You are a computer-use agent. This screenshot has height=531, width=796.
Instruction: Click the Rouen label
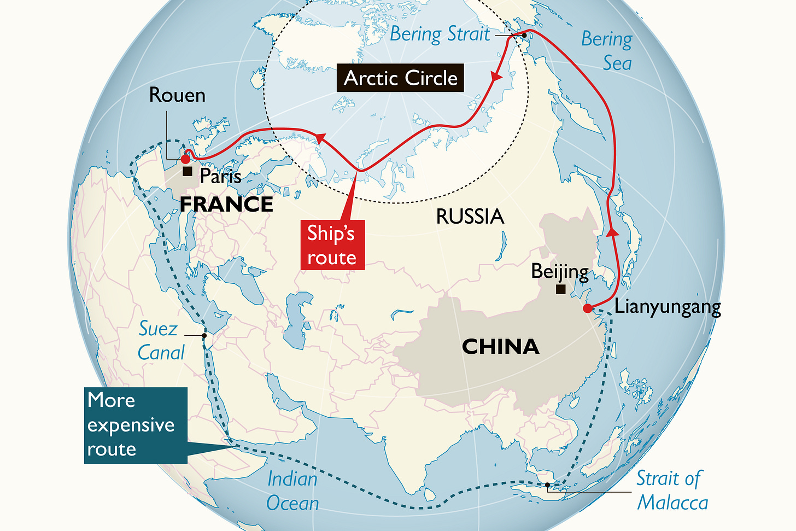[x=177, y=95]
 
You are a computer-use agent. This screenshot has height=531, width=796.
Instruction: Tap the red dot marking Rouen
[x=185, y=159]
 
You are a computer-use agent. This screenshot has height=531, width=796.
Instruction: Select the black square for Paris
[x=188, y=172]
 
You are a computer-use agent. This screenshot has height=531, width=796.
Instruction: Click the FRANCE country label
[x=226, y=205]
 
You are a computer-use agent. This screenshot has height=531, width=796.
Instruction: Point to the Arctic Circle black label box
[x=401, y=78]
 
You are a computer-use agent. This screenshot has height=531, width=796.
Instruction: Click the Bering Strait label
[x=440, y=34]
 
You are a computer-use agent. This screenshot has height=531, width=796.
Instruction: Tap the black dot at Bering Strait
[x=524, y=35]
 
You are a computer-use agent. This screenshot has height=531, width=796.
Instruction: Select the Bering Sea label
[x=607, y=51]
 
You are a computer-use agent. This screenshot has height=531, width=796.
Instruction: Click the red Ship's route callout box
[x=332, y=245]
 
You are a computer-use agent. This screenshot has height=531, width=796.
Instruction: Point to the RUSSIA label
[x=470, y=217]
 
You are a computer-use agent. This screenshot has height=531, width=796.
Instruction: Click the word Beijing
[x=560, y=271]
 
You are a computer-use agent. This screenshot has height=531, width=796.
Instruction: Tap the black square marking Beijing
[x=560, y=289]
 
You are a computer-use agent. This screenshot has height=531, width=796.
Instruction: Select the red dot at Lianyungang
[x=588, y=308]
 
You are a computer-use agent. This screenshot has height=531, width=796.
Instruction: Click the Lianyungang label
[x=668, y=307]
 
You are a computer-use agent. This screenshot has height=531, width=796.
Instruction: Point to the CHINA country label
[x=500, y=347]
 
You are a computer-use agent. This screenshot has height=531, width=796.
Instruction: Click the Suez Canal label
[x=160, y=341]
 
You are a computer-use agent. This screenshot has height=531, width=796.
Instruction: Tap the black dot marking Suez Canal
[x=204, y=335]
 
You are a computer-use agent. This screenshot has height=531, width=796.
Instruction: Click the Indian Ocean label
[x=292, y=491]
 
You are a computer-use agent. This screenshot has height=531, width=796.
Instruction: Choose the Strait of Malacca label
[x=671, y=491]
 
